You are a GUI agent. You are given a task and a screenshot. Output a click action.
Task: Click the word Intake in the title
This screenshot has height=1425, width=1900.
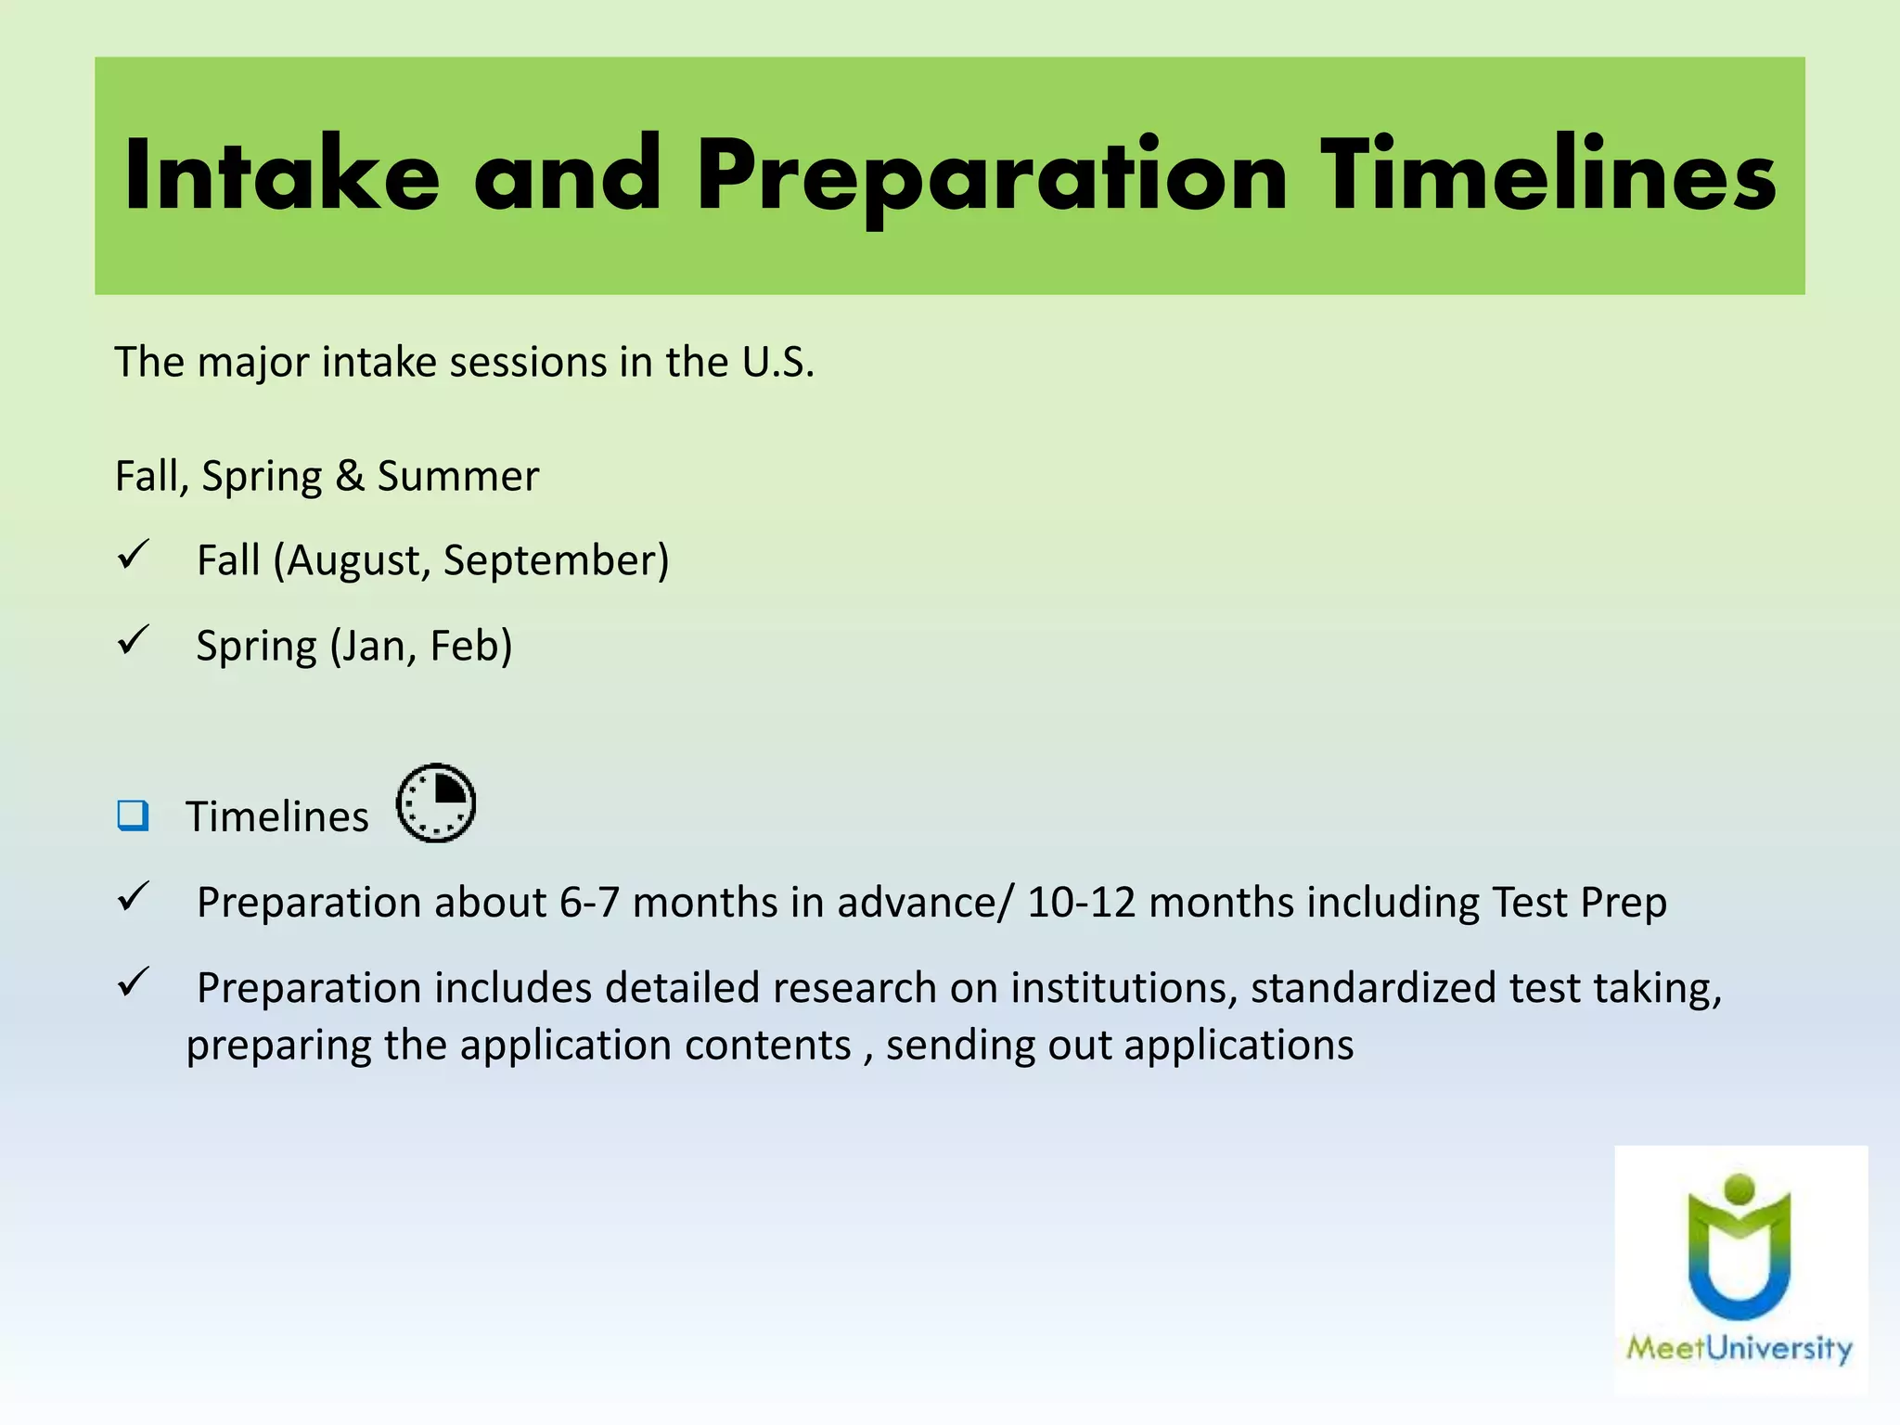click(x=281, y=174)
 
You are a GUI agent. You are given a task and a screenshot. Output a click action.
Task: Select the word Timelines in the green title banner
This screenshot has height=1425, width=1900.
click(x=1547, y=174)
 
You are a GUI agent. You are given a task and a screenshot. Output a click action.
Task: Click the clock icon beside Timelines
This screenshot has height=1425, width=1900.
click(x=436, y=803)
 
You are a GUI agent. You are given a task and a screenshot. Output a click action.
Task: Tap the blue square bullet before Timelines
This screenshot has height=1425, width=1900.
click(x=133, y=815)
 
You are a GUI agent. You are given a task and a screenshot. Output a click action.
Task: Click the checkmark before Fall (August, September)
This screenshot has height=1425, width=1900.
click(x=134, y=556)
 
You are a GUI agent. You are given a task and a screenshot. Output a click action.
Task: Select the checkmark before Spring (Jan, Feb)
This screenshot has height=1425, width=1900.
click(x=134, y=640)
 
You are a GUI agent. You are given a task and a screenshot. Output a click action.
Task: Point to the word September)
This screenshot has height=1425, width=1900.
click(x=556, y=560)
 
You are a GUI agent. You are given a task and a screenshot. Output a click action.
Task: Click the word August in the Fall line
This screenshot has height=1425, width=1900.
click(x=356, y=560)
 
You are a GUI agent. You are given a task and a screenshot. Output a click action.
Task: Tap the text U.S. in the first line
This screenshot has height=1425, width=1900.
click(x=777, y=362)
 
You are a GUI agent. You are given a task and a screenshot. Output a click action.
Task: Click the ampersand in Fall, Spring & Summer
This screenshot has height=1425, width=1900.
click(x=350, y=476)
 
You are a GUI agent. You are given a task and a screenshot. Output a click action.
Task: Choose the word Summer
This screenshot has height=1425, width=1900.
click(x=457, y=476)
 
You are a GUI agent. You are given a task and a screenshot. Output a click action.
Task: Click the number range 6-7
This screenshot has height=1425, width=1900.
click(x=589, y=903)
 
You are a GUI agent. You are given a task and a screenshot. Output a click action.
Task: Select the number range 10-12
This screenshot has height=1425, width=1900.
click(x=1082, y=903)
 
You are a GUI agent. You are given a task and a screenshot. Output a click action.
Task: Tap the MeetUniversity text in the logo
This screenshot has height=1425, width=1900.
click(x=1739, y=1348)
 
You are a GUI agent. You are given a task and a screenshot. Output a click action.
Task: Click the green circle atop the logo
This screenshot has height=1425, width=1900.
click(x=1740, y=1188)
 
